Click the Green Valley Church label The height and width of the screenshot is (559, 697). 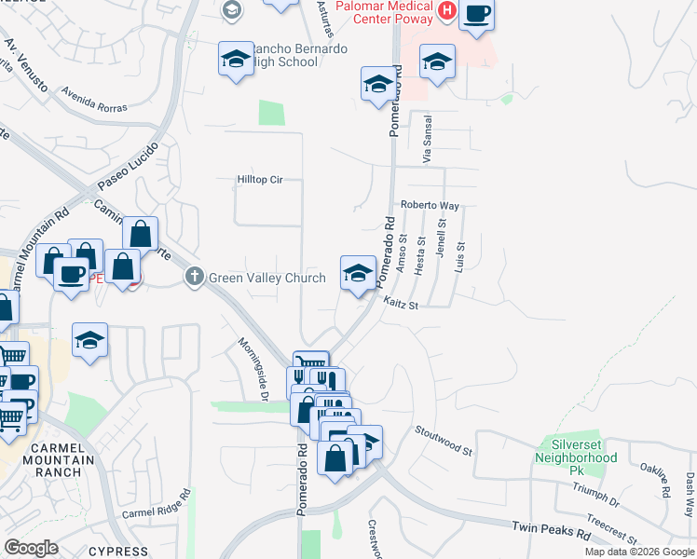tap(266, 278)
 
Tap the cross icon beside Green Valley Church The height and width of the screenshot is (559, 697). tap(194, 277)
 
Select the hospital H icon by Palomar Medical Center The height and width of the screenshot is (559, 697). tap(446, 11)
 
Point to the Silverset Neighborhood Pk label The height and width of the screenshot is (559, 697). tap(577, 450)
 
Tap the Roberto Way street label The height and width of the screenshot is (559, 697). tap(430, 205)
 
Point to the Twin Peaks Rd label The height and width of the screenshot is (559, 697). tap(552, 531)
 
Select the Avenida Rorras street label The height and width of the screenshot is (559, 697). tap(94, 101)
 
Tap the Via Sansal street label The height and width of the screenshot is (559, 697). tap(428, 141)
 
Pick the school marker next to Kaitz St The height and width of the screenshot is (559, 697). tap(356, 273)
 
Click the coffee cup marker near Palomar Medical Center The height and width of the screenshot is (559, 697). tap(476, 14)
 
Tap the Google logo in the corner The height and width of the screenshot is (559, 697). tap(32, 548)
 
